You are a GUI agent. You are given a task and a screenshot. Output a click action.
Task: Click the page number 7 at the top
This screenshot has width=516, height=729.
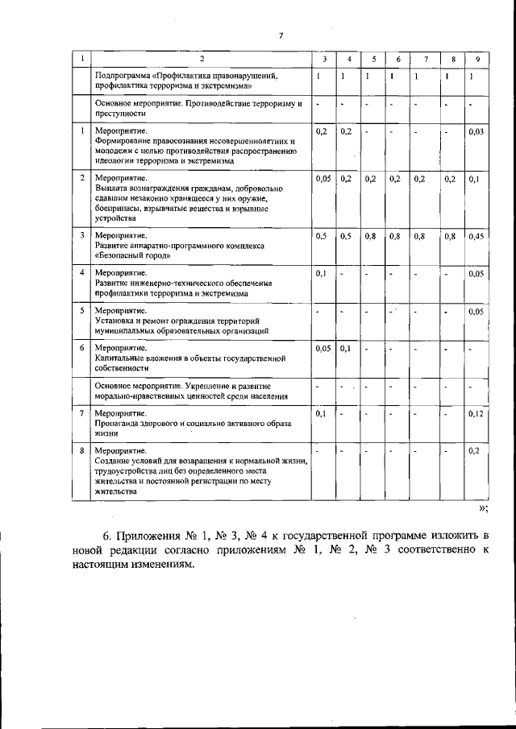281,34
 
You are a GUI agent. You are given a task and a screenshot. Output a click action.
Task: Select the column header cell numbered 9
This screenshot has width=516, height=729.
477,60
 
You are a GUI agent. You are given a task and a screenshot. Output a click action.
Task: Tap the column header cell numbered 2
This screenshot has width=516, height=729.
202,60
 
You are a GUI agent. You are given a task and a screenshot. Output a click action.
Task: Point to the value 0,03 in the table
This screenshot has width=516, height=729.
476,131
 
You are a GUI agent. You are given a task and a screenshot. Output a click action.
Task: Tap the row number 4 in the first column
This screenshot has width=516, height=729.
81,273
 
